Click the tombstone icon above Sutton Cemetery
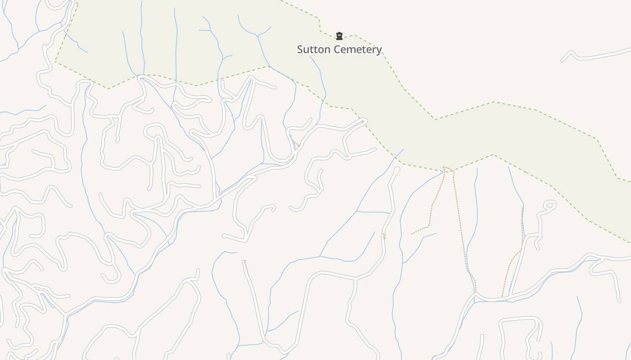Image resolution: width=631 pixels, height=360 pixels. (339, 36)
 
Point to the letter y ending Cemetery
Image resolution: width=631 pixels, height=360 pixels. (379, 50)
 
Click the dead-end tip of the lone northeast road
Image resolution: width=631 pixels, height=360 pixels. (562, 60)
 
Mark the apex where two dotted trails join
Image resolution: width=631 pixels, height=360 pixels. (444, 168)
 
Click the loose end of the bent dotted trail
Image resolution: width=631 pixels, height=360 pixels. (412, 234)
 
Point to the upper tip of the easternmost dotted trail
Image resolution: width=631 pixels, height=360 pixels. (522, 207)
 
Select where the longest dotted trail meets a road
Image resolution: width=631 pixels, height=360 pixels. (476, 293)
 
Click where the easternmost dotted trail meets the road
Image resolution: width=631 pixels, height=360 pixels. (503, 297)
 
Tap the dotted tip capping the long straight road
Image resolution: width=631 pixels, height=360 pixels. (244, 261)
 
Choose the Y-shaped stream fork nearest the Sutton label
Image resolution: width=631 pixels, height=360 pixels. (258, 35)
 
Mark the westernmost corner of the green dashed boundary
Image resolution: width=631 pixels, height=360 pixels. (55, 62)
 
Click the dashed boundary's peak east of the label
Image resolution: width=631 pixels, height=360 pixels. (494, 102)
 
